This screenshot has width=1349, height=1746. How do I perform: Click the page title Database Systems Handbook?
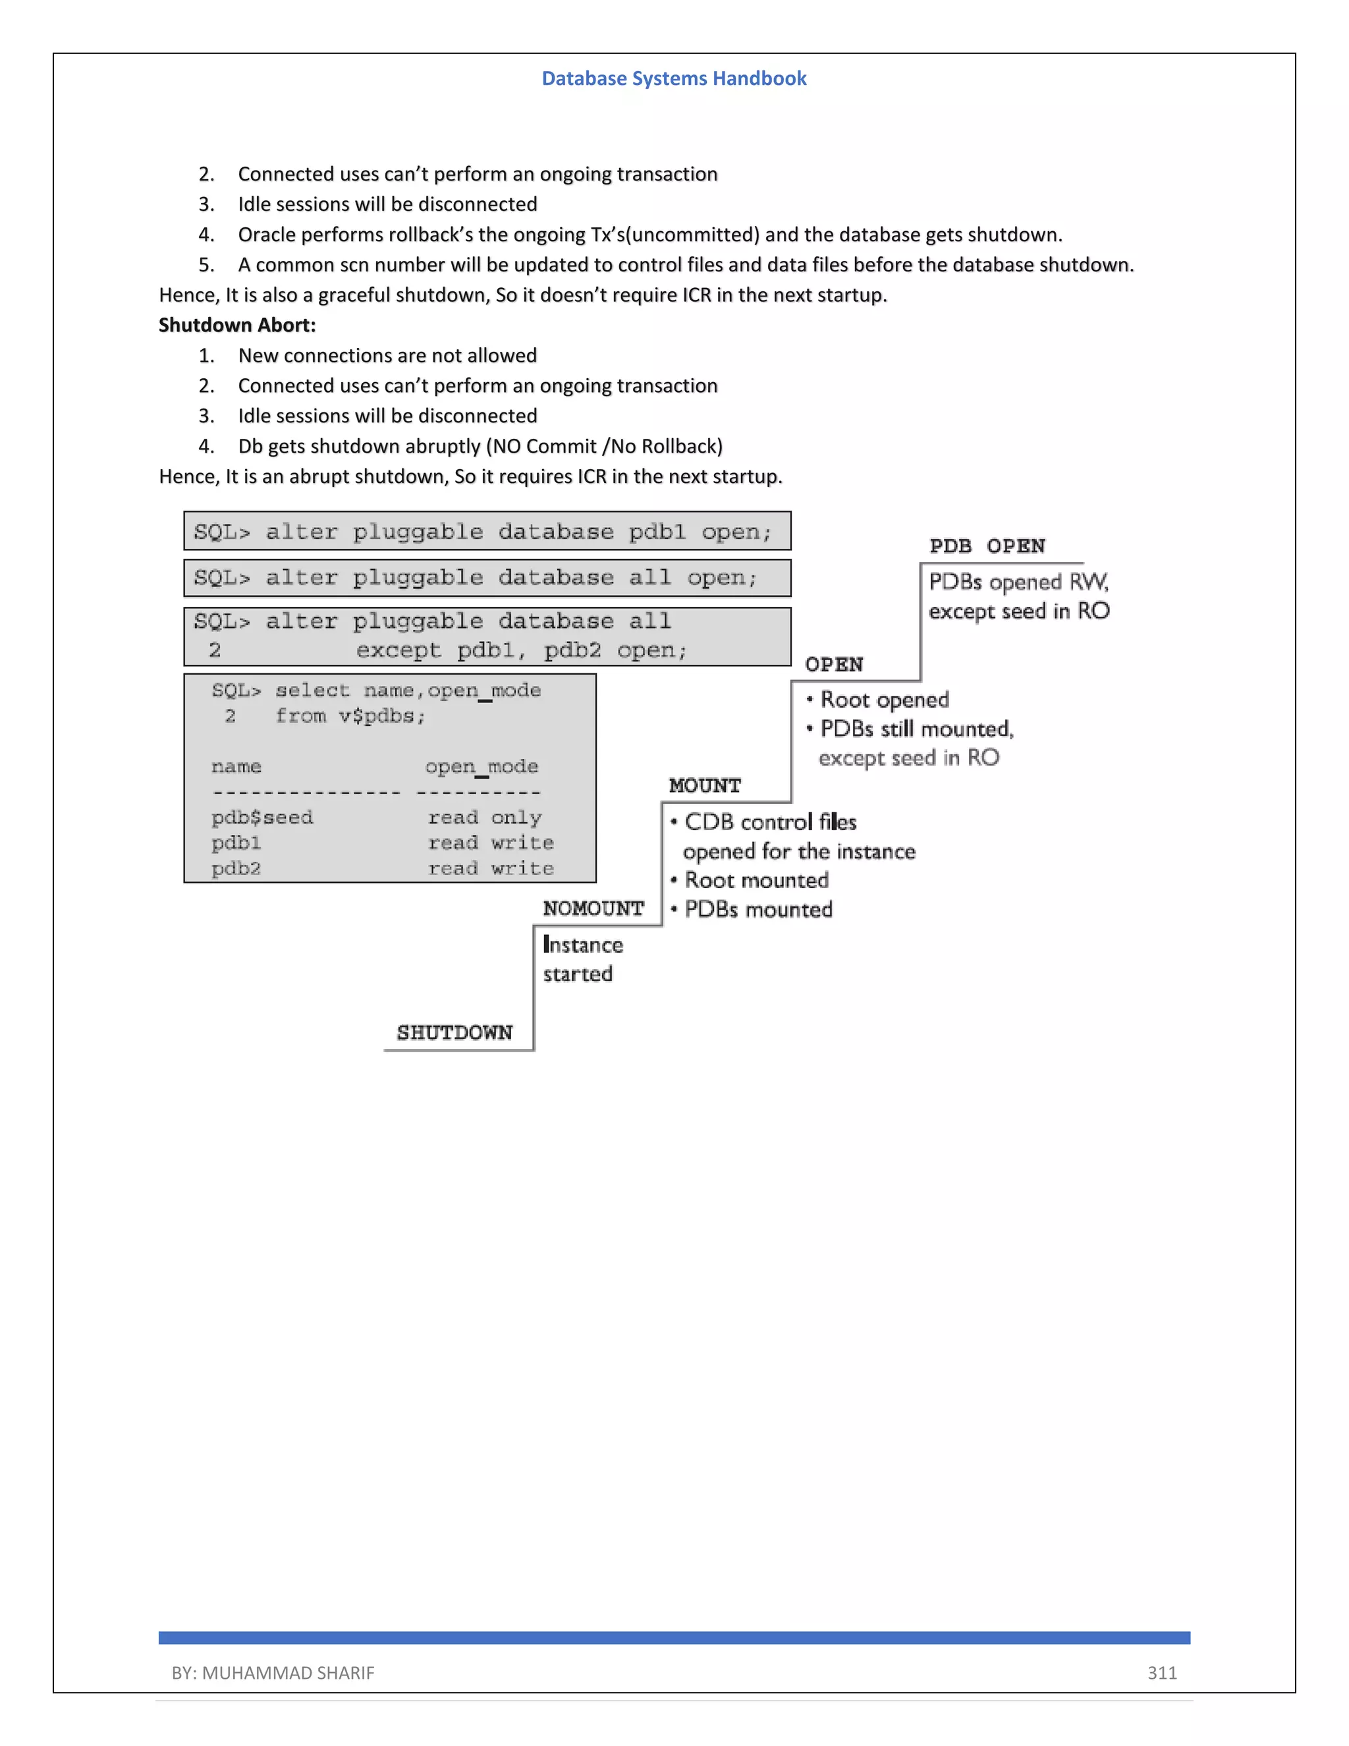tap(674, 78)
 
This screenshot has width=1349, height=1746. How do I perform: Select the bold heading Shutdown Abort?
tap(237, 325)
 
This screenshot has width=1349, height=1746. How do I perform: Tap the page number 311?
tap(1161, 1672)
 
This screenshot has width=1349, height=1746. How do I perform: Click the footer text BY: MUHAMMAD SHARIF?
tap(273, 1672)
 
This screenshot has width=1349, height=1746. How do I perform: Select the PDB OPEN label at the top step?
tap(987, 546)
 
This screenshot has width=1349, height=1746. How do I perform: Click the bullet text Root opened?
tap(884, 700)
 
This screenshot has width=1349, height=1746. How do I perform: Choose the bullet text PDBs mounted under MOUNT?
tap(757, 909)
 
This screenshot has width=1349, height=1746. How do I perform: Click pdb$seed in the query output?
tap(262, 817)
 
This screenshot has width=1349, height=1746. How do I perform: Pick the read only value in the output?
tap(484, 817)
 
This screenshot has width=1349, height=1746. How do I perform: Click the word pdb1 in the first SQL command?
tap(656, 532)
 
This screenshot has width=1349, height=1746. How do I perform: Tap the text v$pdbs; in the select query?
tap(381, 716)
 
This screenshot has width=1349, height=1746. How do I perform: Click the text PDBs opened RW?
tap(1018, 582)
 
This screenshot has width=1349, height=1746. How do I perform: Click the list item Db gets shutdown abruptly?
tap(480, 446)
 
